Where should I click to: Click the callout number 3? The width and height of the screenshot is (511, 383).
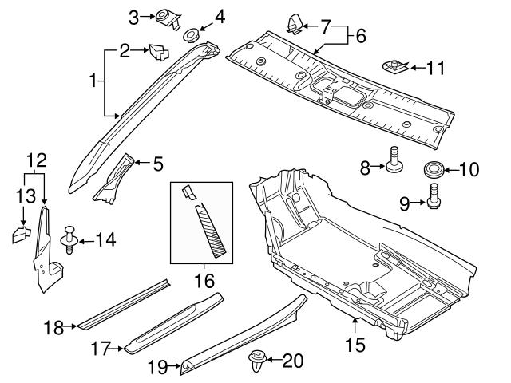(134, 15)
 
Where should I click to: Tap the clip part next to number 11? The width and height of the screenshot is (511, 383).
(394, 65)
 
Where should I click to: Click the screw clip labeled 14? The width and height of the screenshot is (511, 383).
(69, 239)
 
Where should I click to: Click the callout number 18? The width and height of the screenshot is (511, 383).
(53, 327)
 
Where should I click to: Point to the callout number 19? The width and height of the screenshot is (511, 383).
(158, 367)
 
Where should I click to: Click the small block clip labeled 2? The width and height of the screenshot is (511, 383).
(157, 53)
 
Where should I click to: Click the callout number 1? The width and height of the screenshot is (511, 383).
(94, 81)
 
